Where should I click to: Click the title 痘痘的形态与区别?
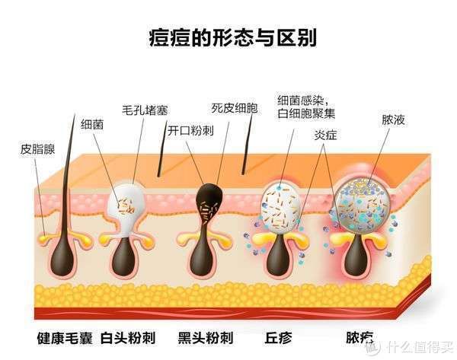point(232,38)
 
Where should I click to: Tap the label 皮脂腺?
point(37,149)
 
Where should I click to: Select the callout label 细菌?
point(92,125)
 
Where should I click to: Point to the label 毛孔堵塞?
point(145,110)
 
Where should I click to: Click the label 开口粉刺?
point(190,130)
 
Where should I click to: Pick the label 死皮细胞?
point(235,108)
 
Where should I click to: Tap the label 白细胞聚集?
point(306,113)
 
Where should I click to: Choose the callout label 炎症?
point(325,135)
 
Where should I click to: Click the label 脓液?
point(394,119)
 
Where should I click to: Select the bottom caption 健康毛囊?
point(65,338)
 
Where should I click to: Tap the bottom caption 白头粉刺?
point(128,338)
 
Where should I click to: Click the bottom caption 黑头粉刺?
point(206,338)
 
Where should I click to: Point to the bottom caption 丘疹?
point(278,338)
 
